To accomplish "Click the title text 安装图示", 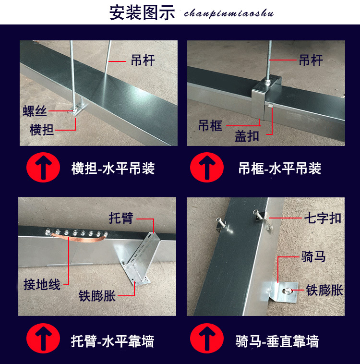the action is (x=142, y=13).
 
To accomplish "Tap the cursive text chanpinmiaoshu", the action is (x=229, y=13).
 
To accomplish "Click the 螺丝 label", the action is (x=35, y=111).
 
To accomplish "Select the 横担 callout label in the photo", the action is (x=42, y=130).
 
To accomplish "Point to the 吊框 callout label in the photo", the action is (x=210, y=126).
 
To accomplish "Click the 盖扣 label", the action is (x=247, y=136).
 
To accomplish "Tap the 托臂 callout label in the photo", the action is (x=121, y=218).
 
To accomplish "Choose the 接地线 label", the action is (x=42, y=284).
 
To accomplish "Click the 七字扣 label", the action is (x=323, y=218).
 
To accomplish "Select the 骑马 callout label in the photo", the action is (x=313, y=256).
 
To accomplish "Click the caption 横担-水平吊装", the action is (x=113, y=168).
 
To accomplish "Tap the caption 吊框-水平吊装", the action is (x=280, y=168).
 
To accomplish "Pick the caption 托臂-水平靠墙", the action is (x=113, y=341).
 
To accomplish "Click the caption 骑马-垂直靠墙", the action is (x=277, y=341).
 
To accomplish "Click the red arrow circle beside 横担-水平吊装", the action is (x=43, y=168).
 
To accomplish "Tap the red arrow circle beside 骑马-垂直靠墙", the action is (x=207, y=338).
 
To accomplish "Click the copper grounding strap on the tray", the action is (x=78, y=238).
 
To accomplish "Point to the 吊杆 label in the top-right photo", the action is (x=311, y=60).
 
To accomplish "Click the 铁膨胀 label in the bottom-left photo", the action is (x=97, y=295).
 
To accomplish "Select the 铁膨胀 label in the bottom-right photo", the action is (x=324, y=290).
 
